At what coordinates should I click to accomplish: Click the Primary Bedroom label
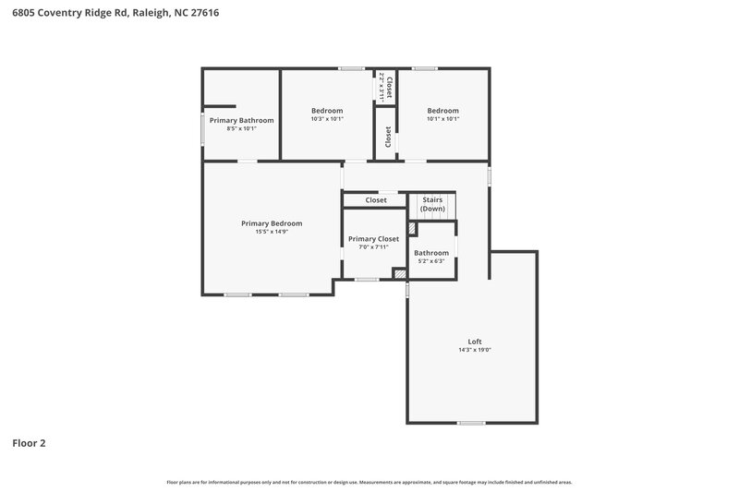tap(272, 223)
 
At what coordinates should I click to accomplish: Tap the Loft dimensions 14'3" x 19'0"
tap(474, 350)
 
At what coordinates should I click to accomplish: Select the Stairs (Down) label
tap(432, 204)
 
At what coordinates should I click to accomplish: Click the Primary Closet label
tap(373, 239)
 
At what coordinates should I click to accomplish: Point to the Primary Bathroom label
tap(241, 120)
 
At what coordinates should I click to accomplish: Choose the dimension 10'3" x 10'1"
tap(327, 119)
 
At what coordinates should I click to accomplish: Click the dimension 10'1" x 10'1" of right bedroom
tap(442, 119)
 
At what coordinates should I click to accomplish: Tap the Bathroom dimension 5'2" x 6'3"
tap(431, 261)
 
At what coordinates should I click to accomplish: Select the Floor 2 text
tap(29, 443)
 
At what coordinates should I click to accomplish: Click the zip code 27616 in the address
tap(206, 14)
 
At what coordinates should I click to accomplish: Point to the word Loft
tap(474, 342)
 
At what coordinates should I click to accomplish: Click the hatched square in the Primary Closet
tap(399, 273)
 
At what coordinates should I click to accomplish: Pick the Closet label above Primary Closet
tap(376, 200)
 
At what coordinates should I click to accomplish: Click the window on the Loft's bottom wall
tap(471, 423)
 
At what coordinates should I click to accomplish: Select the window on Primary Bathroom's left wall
tap(203, 127)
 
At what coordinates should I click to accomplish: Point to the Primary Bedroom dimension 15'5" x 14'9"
tap(272, 232)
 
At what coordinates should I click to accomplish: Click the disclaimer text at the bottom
tap(369, 482)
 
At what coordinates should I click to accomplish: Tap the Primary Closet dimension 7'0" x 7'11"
tap(373, 247)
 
